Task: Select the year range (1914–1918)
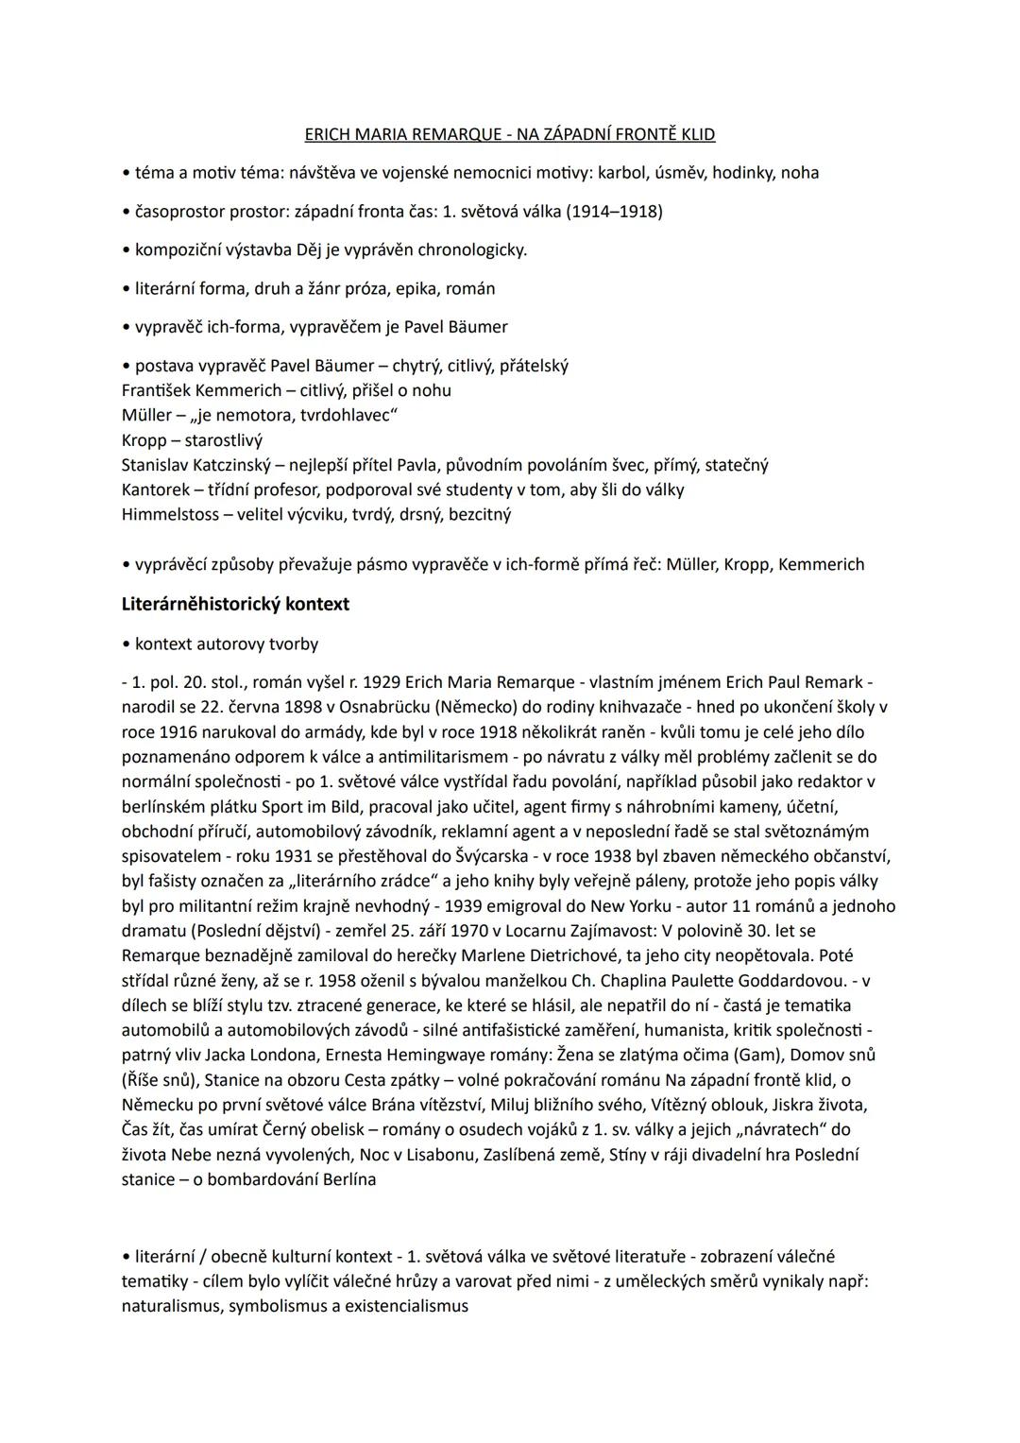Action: (614, 212)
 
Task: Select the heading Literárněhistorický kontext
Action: (235, 604)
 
